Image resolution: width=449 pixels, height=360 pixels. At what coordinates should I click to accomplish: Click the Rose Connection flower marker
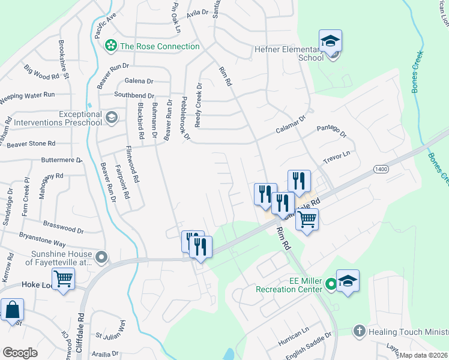tap(110, 46)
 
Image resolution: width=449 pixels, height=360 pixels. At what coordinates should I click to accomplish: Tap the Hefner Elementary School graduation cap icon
tap(330, 41)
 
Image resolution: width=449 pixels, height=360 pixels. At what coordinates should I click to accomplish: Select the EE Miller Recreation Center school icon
tap(348, 281)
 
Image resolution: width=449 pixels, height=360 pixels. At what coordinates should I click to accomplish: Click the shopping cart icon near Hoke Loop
tap(63, 278)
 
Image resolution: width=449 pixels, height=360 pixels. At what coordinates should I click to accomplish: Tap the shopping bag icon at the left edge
tap(12, 311)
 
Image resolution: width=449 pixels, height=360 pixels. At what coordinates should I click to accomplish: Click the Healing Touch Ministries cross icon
tap(359, 331)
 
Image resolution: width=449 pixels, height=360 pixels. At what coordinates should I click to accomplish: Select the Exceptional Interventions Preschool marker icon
tap(110, 117)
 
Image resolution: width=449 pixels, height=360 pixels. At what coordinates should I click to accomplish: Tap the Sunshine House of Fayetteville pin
tap(101, 258)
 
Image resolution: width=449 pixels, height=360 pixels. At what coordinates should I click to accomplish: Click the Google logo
tap(20, 352)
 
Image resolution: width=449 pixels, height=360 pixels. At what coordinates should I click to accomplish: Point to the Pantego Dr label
tap(332, 130)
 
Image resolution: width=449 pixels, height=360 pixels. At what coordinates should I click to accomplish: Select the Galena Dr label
tap(139, 81)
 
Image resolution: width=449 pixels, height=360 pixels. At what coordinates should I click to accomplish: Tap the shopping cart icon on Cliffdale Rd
tap(307, 220)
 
